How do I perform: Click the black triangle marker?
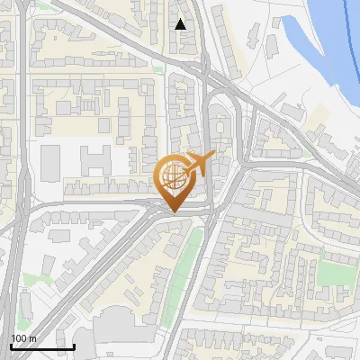pyautogui.click(x=182, y=24)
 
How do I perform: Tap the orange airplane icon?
pyautogui.click(x=199, y=163)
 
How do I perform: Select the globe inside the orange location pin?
pyautogui.click(x=172, y=176)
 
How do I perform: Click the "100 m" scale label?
pyautogui.click(x=23, y=337)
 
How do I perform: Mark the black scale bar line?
pyautogui.click(x=41, y=346)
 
